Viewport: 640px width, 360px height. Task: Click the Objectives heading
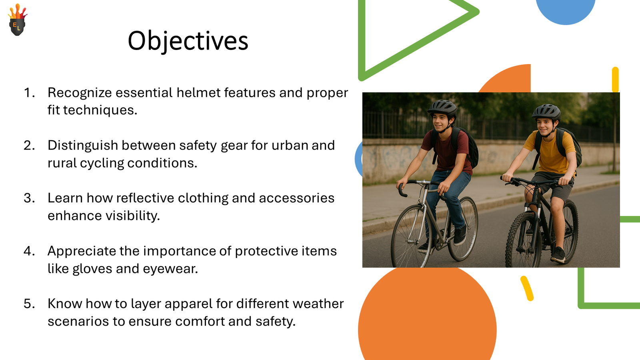tap(188, 41)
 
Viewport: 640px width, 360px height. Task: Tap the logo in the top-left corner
tap(17, 20)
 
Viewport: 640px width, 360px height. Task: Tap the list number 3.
tap(29, 198)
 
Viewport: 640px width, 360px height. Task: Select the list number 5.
tap(29, 304)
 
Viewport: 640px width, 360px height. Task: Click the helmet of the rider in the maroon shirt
tap(442, 107)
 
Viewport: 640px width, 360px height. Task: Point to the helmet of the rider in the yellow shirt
tap(546, 111)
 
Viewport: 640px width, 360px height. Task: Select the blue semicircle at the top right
tap(566, 10)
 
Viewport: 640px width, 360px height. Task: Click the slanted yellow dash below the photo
tap(527, 288)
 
